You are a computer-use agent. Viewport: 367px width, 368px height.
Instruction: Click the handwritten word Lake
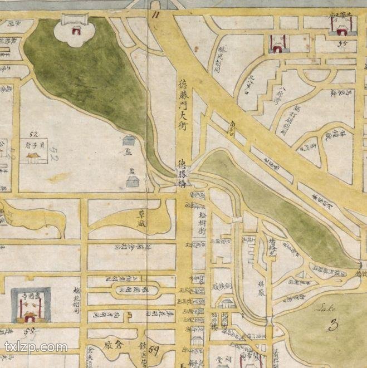(325, 306)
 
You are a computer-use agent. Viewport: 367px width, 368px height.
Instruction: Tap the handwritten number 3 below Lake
(334, 325)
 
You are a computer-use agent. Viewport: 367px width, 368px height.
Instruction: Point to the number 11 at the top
(154, 16)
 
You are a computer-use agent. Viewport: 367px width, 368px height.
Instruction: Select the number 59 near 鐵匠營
(154, 350)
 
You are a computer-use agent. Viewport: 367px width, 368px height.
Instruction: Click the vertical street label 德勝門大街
(182, 105)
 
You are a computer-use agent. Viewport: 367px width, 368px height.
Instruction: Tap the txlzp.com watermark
(36, 347)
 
